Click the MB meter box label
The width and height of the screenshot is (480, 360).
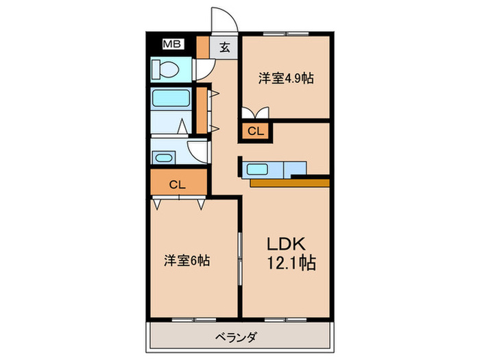pyautogui.click(x=171, y=46)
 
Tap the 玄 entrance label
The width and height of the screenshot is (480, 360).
pyautogui.click(x=225, y=47)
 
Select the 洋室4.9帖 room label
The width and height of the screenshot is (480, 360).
pyautogui.click(x=286, y=78)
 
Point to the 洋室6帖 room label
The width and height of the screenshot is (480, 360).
pyautogui.click(x=187, y=261)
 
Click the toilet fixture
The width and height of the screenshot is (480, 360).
pyautogui.click(x=167, y=69)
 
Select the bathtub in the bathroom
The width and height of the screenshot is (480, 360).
pyautogui.click(x=170, y=99)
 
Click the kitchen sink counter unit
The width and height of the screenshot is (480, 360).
pyautogui.click(x=272, y=169)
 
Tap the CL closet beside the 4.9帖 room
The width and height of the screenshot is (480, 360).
pyautogui.click(x=254, y=131)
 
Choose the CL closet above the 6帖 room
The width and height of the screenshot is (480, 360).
pyautogui.click(x=177, y=184)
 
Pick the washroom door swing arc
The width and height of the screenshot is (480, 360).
pyautogui.click(x=198, y=152)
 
